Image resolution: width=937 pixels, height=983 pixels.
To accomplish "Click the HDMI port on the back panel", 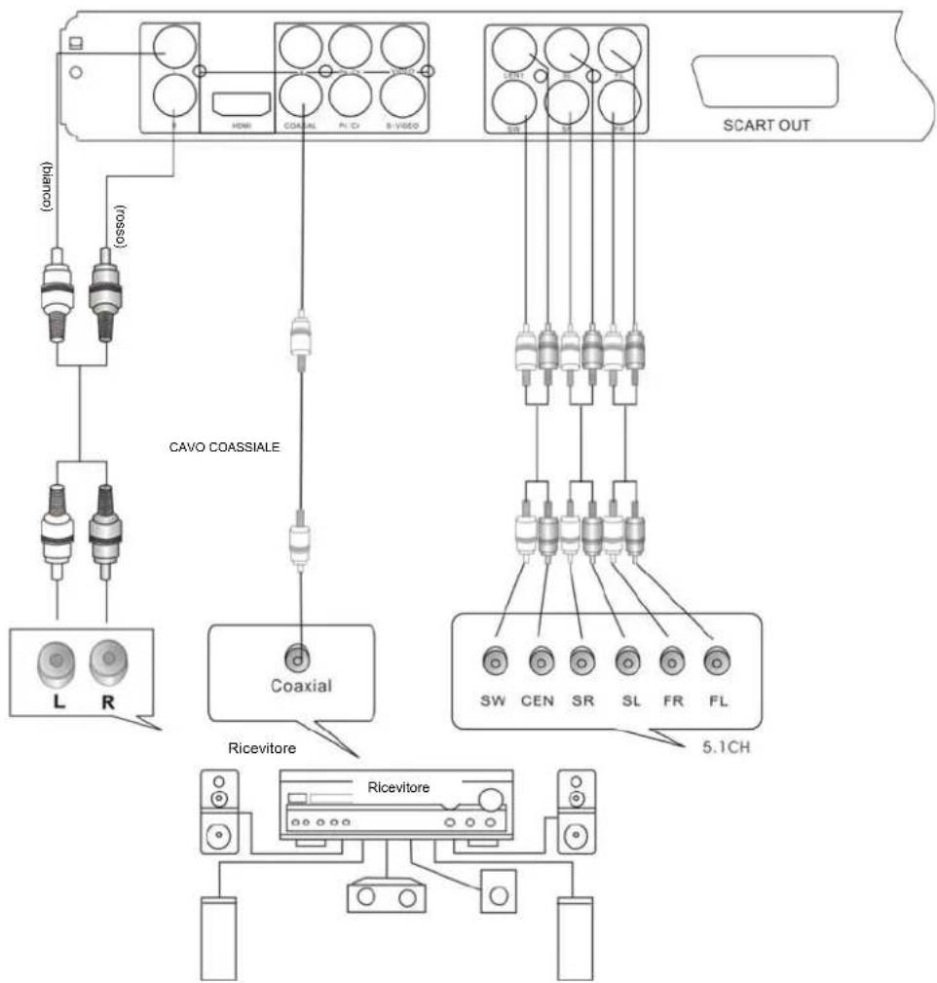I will click(239, 103).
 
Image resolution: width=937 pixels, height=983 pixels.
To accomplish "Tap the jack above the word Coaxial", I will click(301, 659).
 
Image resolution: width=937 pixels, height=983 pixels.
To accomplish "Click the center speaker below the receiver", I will click(385, 896).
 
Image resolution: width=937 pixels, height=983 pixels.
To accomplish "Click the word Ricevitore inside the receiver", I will click(396, 785).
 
